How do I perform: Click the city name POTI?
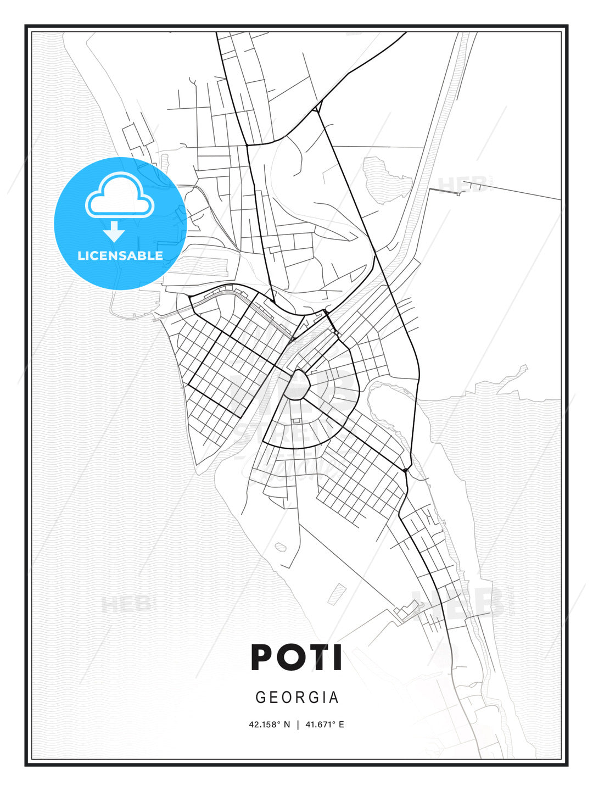tap(296, 658)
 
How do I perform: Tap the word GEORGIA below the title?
tap(297, 698)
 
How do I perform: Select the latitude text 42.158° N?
tap(269, 725)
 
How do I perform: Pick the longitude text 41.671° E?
tap(325, 725)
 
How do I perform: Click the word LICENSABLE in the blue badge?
tap(120, 255)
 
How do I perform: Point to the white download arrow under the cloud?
tap(114, 231)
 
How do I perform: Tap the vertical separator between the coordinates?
tap(298, 725)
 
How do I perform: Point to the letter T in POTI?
tap(317, 658)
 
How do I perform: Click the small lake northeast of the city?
tap(387, 177)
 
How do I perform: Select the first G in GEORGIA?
tap(260, 698)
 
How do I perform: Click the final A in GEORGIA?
tap(334, 698)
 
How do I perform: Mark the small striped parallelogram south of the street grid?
tap(337, 594)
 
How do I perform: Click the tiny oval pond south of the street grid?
tap(281, 547)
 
